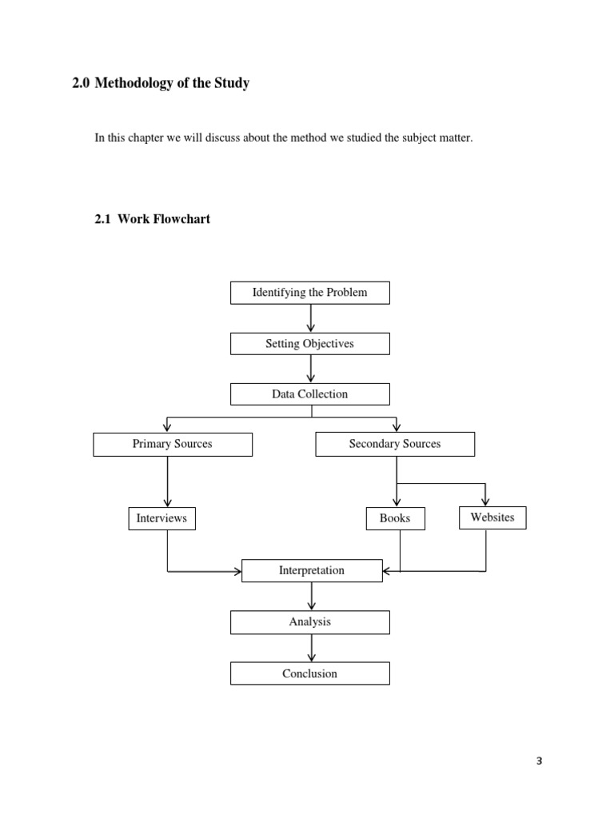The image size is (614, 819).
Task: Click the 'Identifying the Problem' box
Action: pyautogui.click(x=310, y=293)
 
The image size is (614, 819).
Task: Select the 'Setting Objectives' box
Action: pyautogui.click(x=310, y=344)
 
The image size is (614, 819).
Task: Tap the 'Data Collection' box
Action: pyautogui.click(x=310, y=394)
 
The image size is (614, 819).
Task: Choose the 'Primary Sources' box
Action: pyautogui.click(x=173, y=444)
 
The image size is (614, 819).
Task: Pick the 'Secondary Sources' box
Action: pyautogui.click(x=395, y=444)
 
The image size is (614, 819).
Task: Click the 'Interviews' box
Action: pyautogui.click(x=161, y=518)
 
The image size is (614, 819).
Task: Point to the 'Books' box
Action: pyautogui.click(x=395, y=518)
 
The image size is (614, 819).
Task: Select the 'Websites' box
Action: pyautogui.click(x=492, y=517)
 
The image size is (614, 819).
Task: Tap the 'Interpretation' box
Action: pyautogui.click(x=312, y=571)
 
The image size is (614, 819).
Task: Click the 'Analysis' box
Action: pyautogui.click(x=310, y=622)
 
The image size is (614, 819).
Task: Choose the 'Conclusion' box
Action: pyautogui.click(x=310, y=673)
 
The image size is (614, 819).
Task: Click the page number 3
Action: pyautogui.click(x=539, y=761)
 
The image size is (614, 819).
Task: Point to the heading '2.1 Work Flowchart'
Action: pyautogui.click(x=153, y=218)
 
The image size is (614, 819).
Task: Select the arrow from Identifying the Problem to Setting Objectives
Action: pyautogui.click(x=311, y=318)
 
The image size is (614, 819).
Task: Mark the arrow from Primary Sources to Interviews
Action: pyautogui.click(x=167, y=481)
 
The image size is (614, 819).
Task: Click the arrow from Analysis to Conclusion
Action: pyautogui.click(x=311, y=648)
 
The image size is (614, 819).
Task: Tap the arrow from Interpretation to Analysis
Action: pyautogui.click(x=311, y=597)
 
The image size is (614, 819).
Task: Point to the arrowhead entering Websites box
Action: pyautogui.click(x=485, y=501)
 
